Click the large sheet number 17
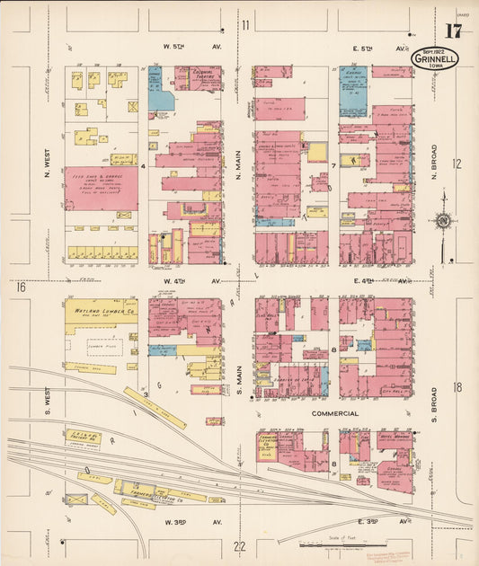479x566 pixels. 453,32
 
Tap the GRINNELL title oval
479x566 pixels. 436,59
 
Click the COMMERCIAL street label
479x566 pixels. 334,414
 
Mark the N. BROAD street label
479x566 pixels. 433,162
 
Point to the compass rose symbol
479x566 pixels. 441,221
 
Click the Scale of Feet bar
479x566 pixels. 342,544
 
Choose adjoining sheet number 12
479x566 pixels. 457,164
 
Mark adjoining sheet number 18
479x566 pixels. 457,386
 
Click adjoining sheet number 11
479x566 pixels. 244,24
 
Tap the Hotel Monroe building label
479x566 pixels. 392,439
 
